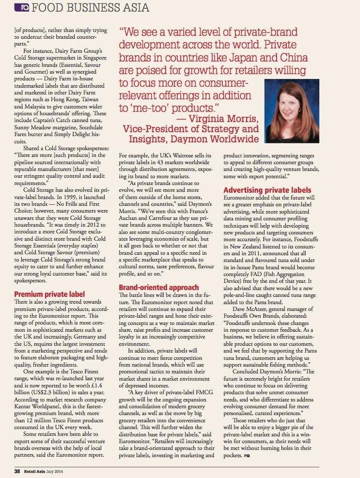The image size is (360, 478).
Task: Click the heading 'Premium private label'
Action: (x=49, y=294)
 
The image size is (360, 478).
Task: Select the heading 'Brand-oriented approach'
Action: (x=159, y=287)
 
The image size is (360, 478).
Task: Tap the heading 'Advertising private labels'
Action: (x=267, y=190)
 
